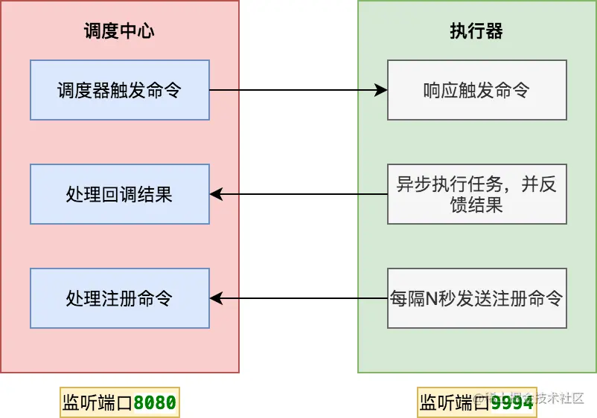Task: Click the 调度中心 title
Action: [119, 31]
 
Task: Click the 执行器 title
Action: [476, 31]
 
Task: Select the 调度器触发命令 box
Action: [119, 90]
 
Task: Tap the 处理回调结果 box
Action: [119, 194]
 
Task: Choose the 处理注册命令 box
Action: [119, 298]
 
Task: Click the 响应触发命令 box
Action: [476, 90]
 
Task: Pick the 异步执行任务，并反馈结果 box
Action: [476, 194]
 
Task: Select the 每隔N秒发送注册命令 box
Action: [476, 298]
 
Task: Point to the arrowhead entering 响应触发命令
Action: [381, 90]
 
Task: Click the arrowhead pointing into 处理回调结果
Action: [216, 194]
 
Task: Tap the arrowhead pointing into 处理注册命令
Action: [216, 298]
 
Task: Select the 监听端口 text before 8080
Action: [97, 402]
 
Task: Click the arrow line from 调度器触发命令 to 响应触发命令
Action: [298, 90]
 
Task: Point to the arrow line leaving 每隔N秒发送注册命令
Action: [298, 298]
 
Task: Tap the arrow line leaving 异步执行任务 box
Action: [298, 194]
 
